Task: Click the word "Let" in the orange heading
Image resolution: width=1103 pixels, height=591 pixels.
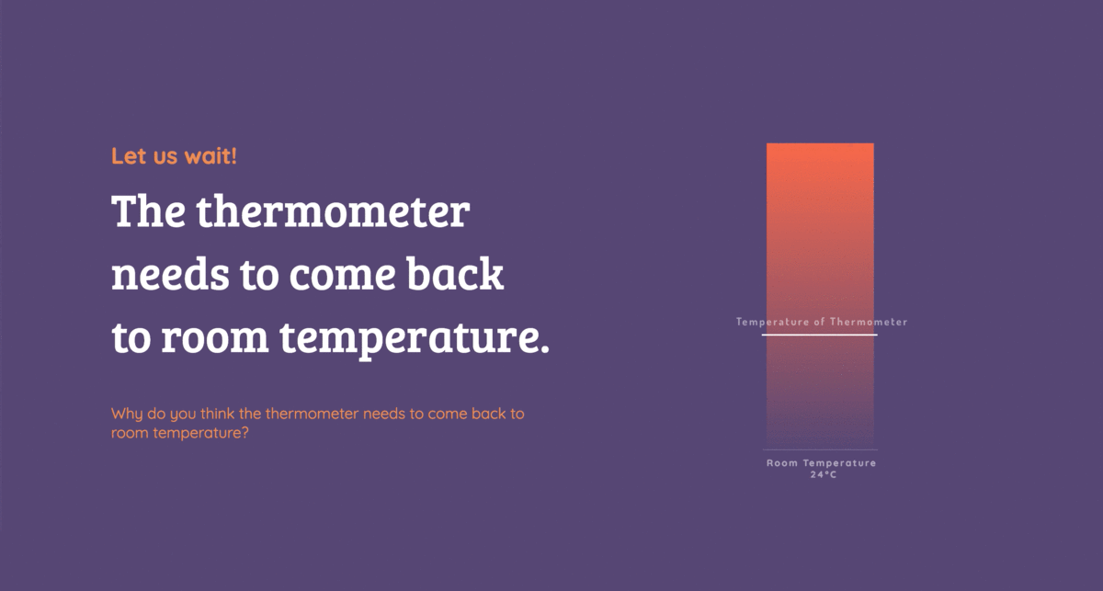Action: pos(129,156)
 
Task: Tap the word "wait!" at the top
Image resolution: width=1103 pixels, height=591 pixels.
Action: pos(210,156)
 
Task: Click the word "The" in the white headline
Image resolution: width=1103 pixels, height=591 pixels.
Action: pos(149,210)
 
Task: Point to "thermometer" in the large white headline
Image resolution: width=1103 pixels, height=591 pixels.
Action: pos(334,210)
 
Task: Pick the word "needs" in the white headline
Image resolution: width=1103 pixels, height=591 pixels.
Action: pos(170,274)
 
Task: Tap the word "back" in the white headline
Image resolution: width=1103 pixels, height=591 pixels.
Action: pos(455,274)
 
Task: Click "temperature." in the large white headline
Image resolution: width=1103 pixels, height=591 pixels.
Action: pos(415,339)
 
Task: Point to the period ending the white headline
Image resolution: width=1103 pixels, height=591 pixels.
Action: pos(544,348)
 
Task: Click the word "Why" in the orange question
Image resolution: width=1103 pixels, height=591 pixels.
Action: pos(127,415)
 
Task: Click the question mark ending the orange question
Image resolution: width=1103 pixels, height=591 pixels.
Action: pos(244,433)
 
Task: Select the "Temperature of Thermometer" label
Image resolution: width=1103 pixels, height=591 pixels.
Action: pos(822,322)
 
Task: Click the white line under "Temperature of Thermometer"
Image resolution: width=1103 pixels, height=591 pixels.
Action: pos(819,335)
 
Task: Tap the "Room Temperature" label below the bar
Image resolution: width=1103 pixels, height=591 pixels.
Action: pos(822,463)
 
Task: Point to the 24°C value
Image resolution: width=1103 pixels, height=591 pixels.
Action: pos(824,475)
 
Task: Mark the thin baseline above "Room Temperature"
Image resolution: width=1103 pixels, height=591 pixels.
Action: pos(820,449)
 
